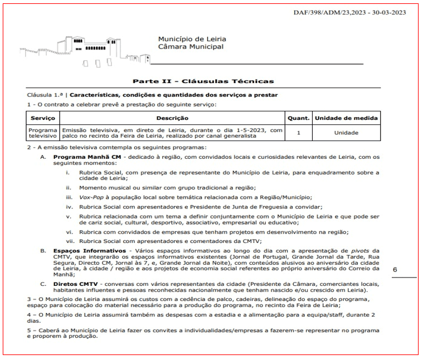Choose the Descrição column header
pyautogui.click(x=172, y=118)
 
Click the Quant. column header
pyautogui.click(x=299, y=118)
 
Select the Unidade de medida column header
pyautogui.click(x=346, y=118)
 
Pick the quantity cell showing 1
pyautogui.click(x=299, y=133)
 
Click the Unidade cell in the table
pyautogui.click(x=346, y=133)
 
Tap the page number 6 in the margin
pyautogui.click(x=395, y=269)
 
